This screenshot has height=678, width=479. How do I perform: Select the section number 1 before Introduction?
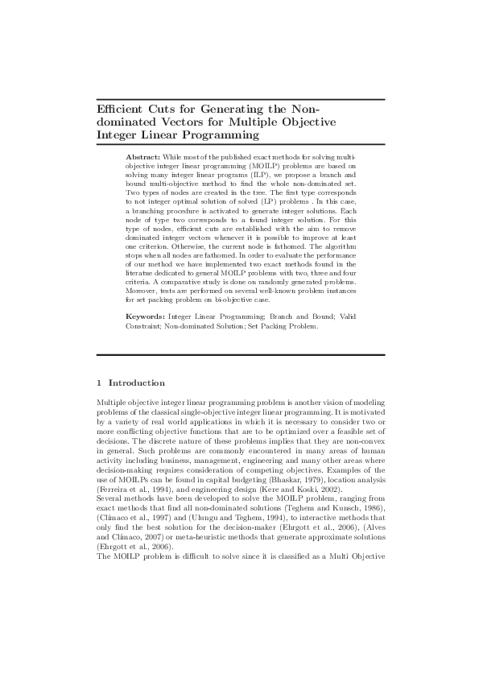click(x=99, y=382)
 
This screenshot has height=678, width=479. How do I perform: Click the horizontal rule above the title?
click(x=241, y=99)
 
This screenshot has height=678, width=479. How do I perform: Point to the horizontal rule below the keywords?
click(x=241, y=354)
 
